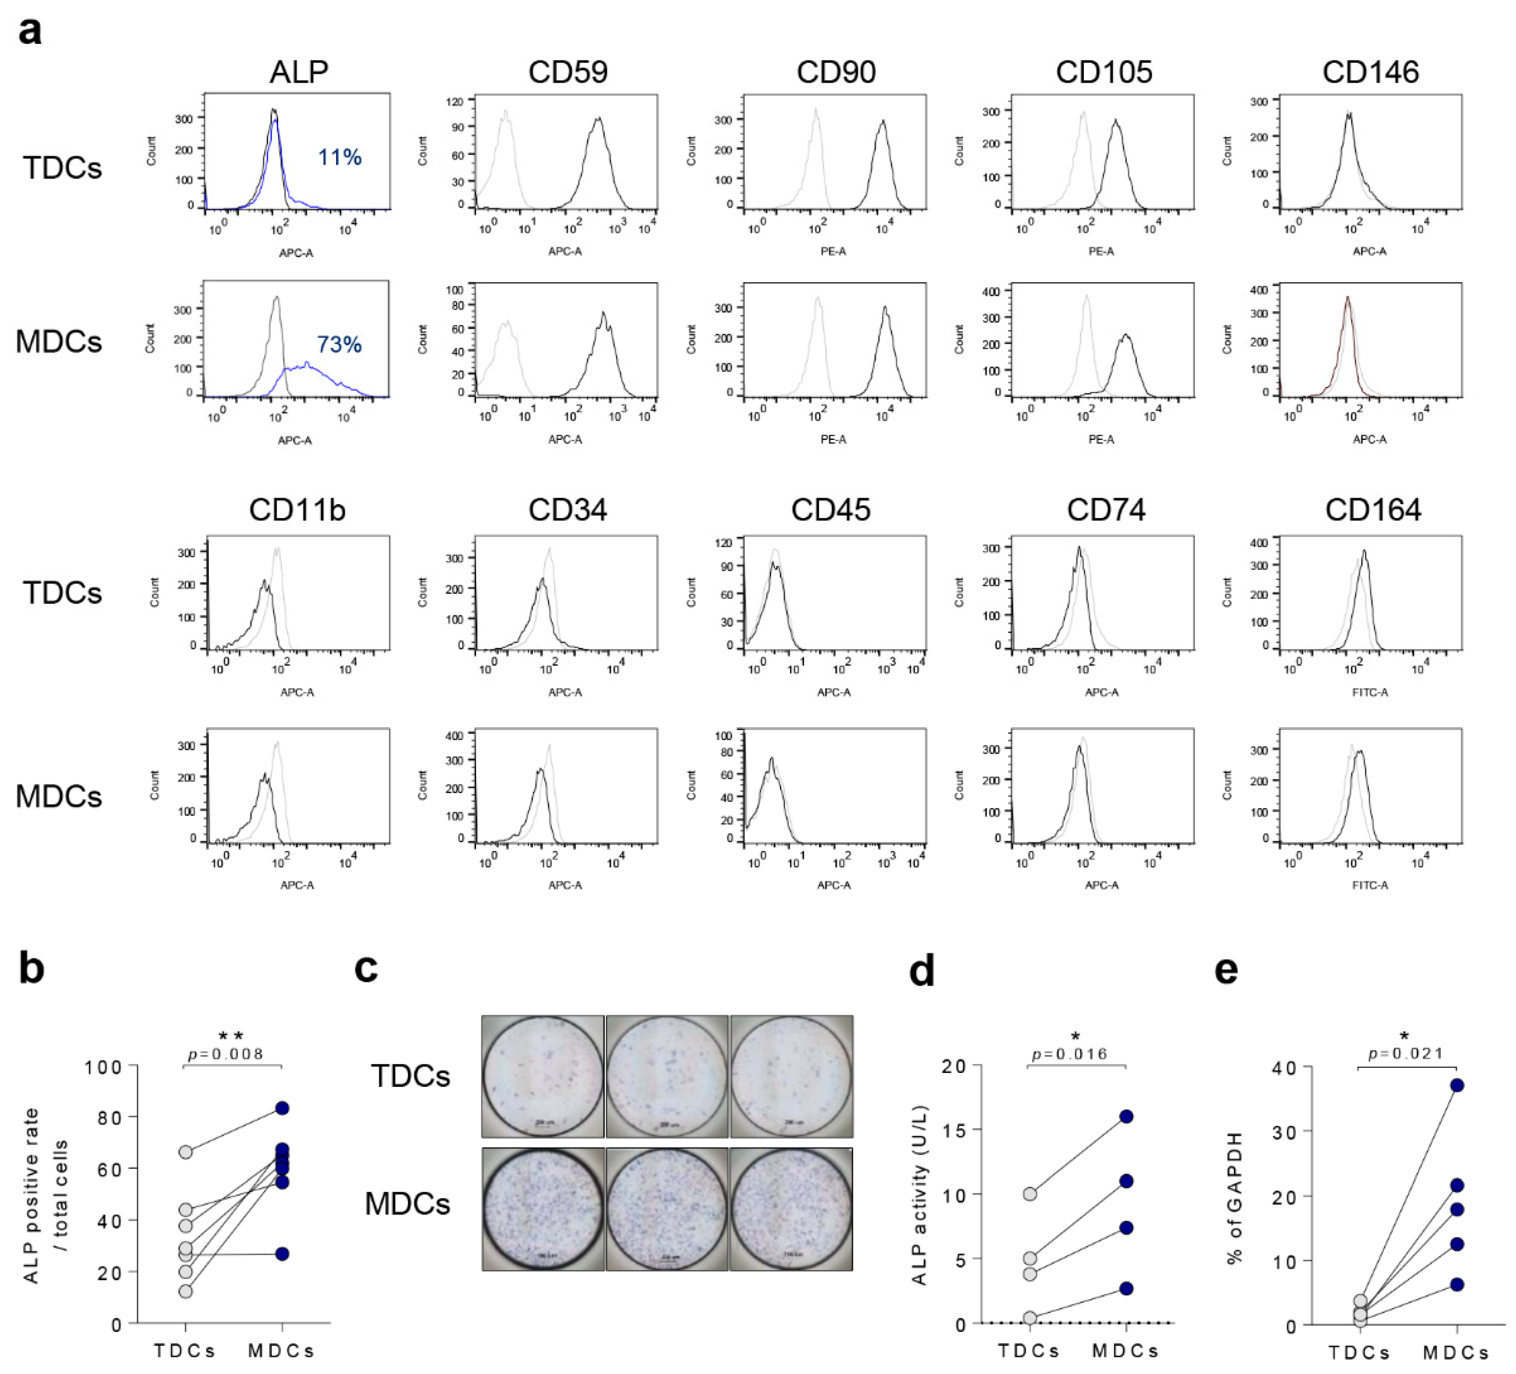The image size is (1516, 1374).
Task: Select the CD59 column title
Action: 568,72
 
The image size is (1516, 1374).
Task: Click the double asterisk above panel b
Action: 232,1038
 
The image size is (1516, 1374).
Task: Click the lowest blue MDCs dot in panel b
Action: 281,1253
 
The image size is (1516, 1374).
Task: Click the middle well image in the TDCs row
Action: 667,1076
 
